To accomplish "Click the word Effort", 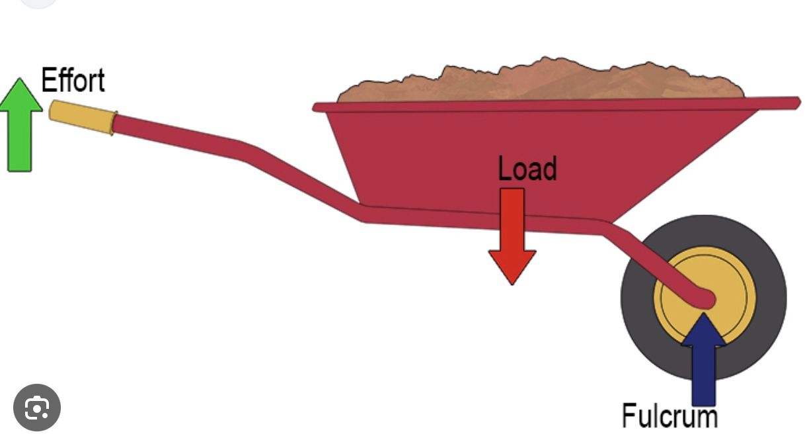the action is coord(73,80).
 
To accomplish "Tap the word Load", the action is coord(527,168).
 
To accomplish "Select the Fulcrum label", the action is coord(670,416).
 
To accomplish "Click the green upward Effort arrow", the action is coord(20,124).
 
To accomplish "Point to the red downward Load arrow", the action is coord(512,236).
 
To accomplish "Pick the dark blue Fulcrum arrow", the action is coord(703,360).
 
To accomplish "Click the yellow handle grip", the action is coord(83,117).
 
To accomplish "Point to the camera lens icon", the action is coord(37,408).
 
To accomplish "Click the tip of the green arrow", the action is coord(20,78).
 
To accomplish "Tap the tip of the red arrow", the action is coord(512,285).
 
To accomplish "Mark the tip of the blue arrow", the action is coord(703,314).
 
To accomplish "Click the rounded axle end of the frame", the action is coord(705,299).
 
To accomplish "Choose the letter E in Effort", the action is coord(48,80).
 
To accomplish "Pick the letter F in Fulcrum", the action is coord(629,415).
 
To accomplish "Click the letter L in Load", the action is coord(504,168).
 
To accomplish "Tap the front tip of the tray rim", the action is coord(798,103).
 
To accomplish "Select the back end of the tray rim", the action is coord(315,108).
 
